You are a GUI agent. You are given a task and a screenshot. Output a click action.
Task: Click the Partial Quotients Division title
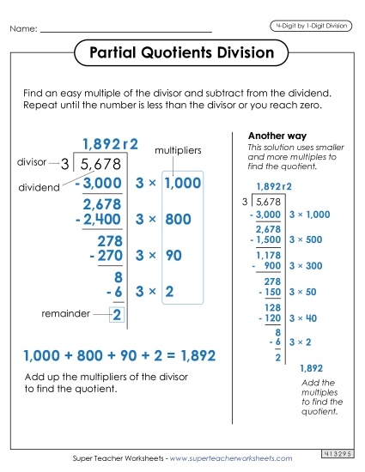(181, 53)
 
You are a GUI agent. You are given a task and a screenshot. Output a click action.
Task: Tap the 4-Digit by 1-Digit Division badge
(311, 26)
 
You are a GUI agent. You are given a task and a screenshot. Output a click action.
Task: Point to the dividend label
(39, 185)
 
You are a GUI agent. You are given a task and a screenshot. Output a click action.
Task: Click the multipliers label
(177, 150)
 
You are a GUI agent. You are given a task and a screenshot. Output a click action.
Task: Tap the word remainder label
(66, 314)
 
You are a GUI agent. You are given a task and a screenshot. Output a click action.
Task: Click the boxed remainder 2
(117, 315)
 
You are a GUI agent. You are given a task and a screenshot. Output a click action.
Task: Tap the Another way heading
(272, 136)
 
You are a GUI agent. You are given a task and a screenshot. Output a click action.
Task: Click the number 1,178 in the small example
(269, 254)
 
